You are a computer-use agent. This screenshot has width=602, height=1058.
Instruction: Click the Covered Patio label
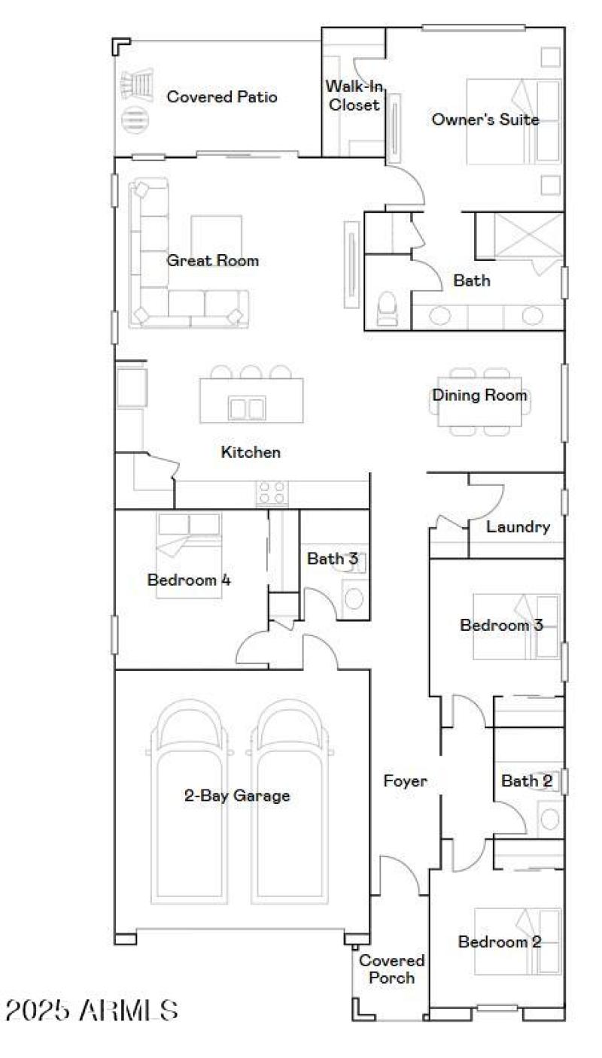tap(222, 97)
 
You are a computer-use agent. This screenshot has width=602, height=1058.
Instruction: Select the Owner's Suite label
tap(485, 120)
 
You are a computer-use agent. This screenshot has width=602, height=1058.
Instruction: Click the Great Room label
tap(212, 261)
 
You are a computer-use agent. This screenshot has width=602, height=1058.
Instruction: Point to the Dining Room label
tap(479, 396)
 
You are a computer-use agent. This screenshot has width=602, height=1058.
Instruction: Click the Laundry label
tap(518, 527)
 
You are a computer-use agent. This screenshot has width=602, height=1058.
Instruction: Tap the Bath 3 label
tap(332, 559)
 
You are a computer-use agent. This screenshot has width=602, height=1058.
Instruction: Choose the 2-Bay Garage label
tap(237, 796)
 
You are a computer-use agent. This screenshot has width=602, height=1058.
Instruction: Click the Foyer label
tap(405, 781)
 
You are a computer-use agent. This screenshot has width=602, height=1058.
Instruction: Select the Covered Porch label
tap(391, 969)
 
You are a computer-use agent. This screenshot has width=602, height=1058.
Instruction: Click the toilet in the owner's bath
tap(388, 309)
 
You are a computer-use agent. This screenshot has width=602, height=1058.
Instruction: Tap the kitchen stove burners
tap(272, 493)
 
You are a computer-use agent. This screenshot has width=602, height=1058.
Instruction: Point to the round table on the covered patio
tap(134, 118)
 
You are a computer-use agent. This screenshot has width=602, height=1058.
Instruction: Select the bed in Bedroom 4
tap(189, 555)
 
